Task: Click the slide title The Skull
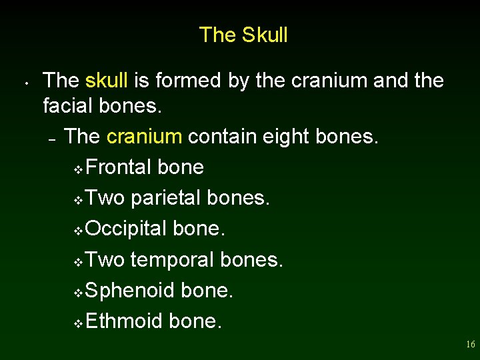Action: click(243, 35)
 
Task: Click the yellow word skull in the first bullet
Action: click(107, 81)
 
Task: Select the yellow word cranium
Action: click(144, 137)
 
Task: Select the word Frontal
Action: click(119, 167)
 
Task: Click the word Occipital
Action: click(126, 229)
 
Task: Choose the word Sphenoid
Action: click(130, 290)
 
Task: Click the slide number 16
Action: click(470, 345)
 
